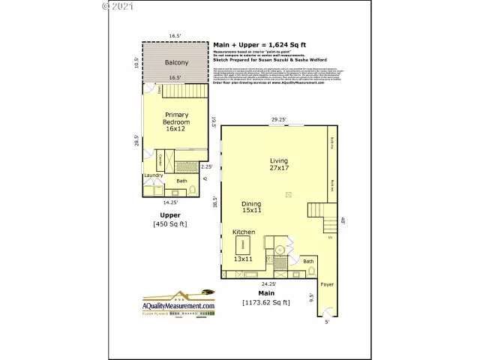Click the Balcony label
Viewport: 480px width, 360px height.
pyautogui.click(x=176, y=62)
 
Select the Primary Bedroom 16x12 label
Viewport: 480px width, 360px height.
pyautogui.click(x=176, y=121)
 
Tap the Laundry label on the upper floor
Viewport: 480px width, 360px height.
pyautogui.click(x=154, y=176)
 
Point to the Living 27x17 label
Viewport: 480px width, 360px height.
pyautogui.click(x=279, y=164)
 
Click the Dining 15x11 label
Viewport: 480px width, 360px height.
pyautogui.click(x=251, y=208)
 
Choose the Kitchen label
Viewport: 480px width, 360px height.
pyautogui.click(x=244, y=232)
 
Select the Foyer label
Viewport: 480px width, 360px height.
pyautogui.click(x=327, y=285)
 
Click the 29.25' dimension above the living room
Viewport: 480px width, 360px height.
pyautogui.click(x=279, y=118)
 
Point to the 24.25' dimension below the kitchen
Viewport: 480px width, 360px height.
pyautogui.click(x=268, y=284)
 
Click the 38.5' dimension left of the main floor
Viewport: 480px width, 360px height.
pyautogui.click(x=214, y=202)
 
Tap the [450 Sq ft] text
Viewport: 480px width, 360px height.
pyautogui.click(x=170, y=223)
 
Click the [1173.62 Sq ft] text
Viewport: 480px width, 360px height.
pyautogui.click(x=268, y=303)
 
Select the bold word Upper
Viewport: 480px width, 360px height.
pyautogui.click(x=170, y=214)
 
